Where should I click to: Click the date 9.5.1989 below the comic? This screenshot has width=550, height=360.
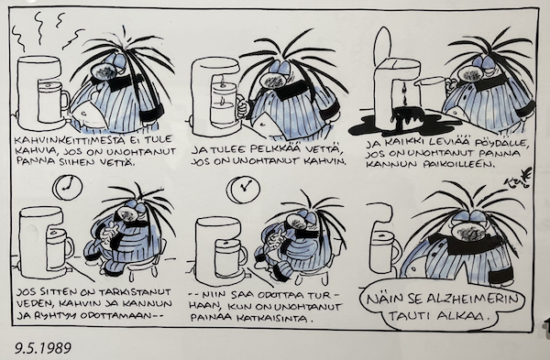click(43, 348)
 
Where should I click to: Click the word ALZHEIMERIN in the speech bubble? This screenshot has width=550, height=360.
click(473, 300)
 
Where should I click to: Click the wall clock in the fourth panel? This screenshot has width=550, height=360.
click(67, 188)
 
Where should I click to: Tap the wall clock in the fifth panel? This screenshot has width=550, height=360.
click(243, 190)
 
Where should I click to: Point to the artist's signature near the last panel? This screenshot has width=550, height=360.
click(519, 179)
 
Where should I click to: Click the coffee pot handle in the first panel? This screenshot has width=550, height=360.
click(65, 100)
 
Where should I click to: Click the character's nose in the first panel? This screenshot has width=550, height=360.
click(104, 71)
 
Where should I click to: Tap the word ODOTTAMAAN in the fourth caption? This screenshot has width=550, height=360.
click(116, 315)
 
